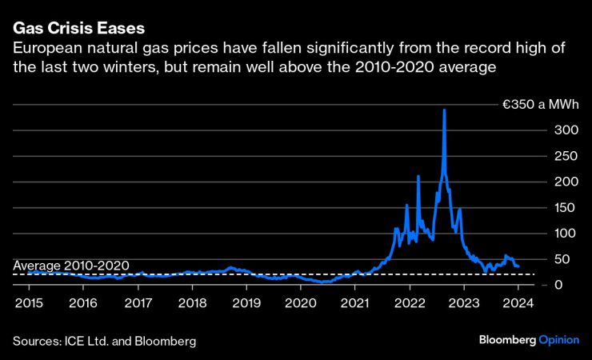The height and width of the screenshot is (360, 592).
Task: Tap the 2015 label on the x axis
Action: tap(28, 304)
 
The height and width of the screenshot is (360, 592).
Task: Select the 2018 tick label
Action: tap(192, 304)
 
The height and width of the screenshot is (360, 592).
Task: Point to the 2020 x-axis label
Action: tap(301, 304)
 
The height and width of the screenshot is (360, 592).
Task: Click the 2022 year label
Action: tap(410, 304)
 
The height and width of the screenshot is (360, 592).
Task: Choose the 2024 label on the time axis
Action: tap(518, 304)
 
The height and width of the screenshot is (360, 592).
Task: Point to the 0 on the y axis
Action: tap(560, 285)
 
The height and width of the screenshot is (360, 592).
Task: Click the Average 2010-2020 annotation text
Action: tap(71, 266)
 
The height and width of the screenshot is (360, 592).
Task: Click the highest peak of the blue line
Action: tap(444, 110)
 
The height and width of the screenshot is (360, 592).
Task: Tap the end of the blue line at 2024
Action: tap(518, 266)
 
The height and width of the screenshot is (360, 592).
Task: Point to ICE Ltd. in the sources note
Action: tap(98, 341)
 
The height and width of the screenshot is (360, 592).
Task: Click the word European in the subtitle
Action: tap(45, 50)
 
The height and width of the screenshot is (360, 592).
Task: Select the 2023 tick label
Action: tap(464, 304)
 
